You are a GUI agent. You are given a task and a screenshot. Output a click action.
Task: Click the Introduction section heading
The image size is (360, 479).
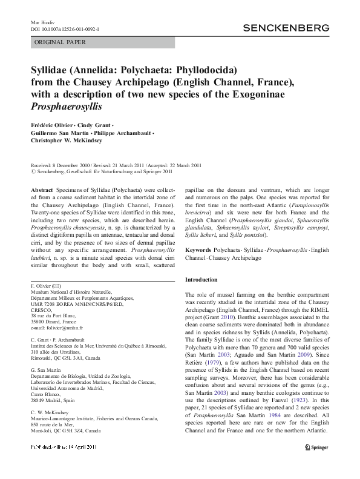[200, 280]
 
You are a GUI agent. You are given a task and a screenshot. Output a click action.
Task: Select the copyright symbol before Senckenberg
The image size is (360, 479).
[33, 171]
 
